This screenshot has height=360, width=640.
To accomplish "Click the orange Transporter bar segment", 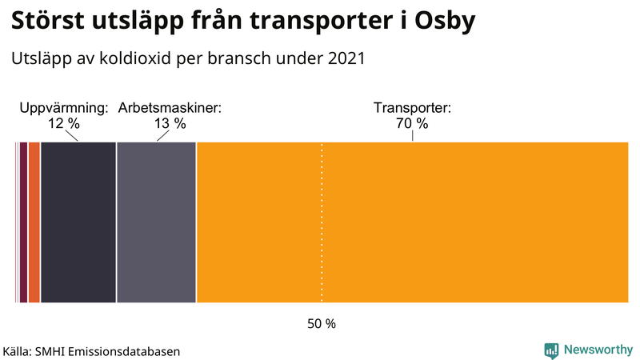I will (x=412, y=222).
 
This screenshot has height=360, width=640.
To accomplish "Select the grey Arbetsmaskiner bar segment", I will (x=157, y=222).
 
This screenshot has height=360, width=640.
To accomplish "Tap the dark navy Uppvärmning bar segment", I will (x=78, y=222).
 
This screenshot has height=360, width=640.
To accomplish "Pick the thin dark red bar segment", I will (x=24, y=222).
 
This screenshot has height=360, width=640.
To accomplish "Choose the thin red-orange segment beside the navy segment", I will (x=34, y=222).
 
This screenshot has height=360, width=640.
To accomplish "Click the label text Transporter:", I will (x=413, y=107).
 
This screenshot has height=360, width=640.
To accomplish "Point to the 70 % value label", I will (x=412, y=124).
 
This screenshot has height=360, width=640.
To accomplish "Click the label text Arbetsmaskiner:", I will (x=170, y=107).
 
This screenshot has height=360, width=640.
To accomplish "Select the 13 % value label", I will (x=170, y=124).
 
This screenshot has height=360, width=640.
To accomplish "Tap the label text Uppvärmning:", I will (x=64, y=107).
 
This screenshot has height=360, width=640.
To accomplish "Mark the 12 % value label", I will (x=64, y=124).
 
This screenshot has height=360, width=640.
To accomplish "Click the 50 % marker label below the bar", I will (x=322, y=324).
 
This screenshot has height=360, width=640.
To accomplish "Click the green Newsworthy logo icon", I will (x=551, y=350).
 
